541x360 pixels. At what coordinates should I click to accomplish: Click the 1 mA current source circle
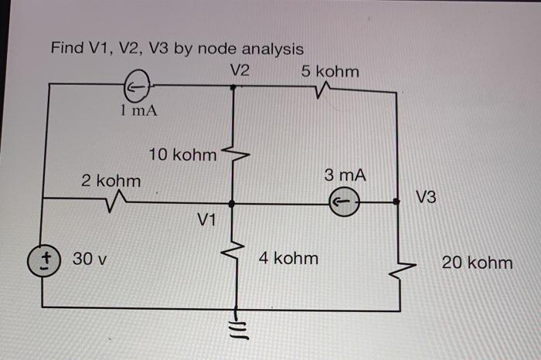[136, 87]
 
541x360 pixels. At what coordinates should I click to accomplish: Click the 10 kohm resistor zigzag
[234, 154]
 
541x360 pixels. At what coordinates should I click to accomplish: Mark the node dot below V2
[234, 87]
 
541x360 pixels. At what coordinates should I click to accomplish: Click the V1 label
[206, 221]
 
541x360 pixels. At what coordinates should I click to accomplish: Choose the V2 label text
[240, 70]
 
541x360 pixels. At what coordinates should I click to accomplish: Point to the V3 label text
[426, 198]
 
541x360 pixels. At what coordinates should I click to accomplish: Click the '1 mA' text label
[139, 110]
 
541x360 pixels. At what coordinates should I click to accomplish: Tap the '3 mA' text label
[345, 176]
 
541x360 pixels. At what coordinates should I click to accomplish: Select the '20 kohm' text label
[477, 263]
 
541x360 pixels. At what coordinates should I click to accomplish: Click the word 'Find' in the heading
[67, 49]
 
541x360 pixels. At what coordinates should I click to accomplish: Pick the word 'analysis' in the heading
[270, 49]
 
